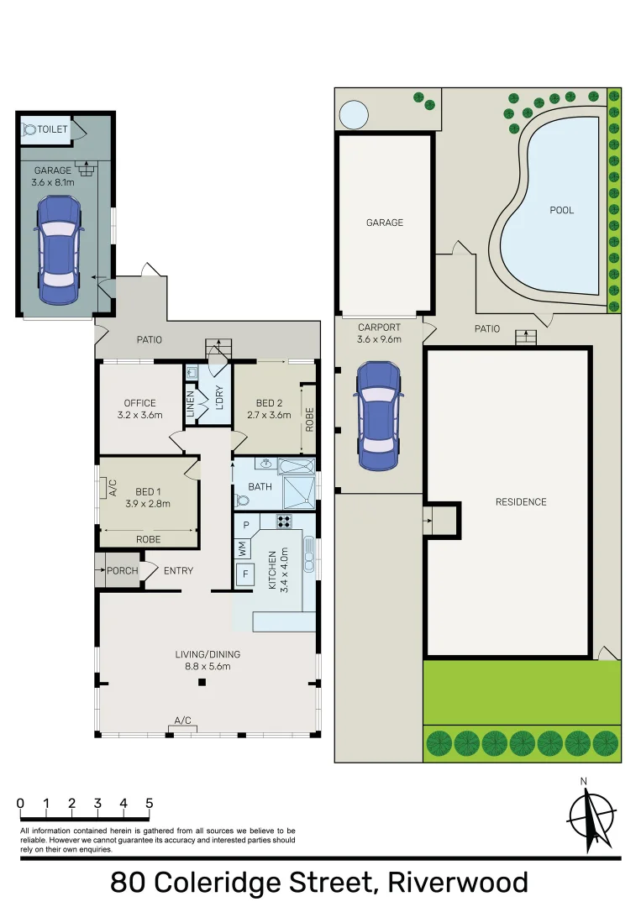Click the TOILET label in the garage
pyautogui.click(x=52, y=129)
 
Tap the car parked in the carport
pyautogui.click(x=377, y=416)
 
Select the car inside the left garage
pyautogui.click(x=59, y=249)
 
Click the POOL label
pyautogui.click(x=561, y=210)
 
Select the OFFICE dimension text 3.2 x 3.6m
pyautogui.click(x=139, y=415)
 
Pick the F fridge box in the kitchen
pyautogui.click(x=245, y=575)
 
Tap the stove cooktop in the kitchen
pyautogui.click(x=284, y=521)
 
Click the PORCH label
pyautogui.click(x=123, y=571)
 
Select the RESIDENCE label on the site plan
pyautogui.click(x=521, y=502)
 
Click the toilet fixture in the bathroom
pyautogui.click(x=244, y=500)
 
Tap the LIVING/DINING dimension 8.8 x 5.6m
pyautogui.click(x=202, y=666)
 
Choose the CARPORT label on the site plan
pyautogui.click(x=379, y=328)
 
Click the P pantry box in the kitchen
pyautogui.click(x=246, y=525)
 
